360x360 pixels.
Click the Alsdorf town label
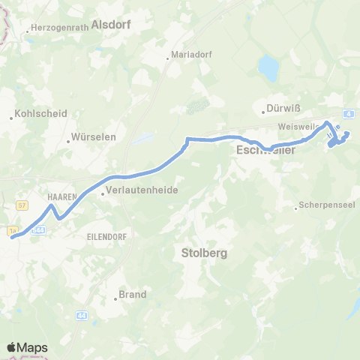(110, 24)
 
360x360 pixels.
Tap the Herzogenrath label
(57, 29)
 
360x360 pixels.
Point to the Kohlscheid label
(42, 114)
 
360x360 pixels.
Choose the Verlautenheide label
(142, 190)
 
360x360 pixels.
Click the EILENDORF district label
(94, 234)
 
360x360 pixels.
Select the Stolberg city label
(203, 253)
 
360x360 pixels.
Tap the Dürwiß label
(281, 107)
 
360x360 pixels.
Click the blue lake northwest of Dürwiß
(268, 67)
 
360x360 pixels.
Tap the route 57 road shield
(22, 204)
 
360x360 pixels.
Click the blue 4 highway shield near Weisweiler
(349, 113)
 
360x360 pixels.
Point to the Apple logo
(12, 347)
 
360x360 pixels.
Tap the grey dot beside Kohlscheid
(12, 118)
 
